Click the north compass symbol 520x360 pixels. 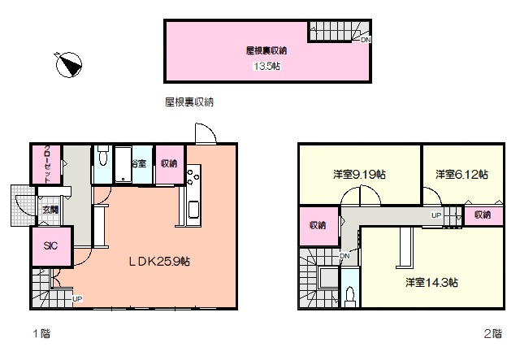tap(68, 65)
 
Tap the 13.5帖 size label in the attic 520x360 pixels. tap(267, 66)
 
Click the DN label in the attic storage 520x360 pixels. tap(366, 40)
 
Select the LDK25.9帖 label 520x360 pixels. tap(159, 262)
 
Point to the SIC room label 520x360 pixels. tap(50, 245)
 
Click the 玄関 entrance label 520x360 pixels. tap(50, 210)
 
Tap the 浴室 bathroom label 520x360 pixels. tap(139, 163)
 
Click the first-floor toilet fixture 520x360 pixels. tap(103, 155)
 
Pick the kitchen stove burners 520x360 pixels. tap(193, 177)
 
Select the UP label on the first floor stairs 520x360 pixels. tap(77, 299)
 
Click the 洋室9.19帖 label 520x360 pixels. tap(359, 174)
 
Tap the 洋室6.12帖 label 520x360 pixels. tap(461, 174)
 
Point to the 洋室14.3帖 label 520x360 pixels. tap(431, 282)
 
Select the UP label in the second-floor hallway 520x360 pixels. tap(436, 215)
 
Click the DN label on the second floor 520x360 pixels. tap(344, 256)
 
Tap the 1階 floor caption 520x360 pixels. tap(41, 333)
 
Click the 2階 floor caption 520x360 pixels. tap(493, 333)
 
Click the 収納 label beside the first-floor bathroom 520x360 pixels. tap(169, 163)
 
